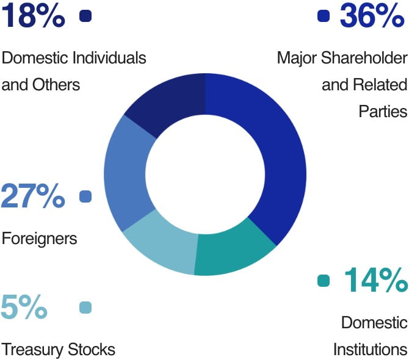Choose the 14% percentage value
[375, 280]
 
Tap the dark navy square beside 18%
[85, 16]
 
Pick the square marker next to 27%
[85, 196]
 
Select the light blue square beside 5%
[85, 308]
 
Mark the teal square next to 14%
[324, 281]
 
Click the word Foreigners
[40, 238]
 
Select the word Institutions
[370, 350]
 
